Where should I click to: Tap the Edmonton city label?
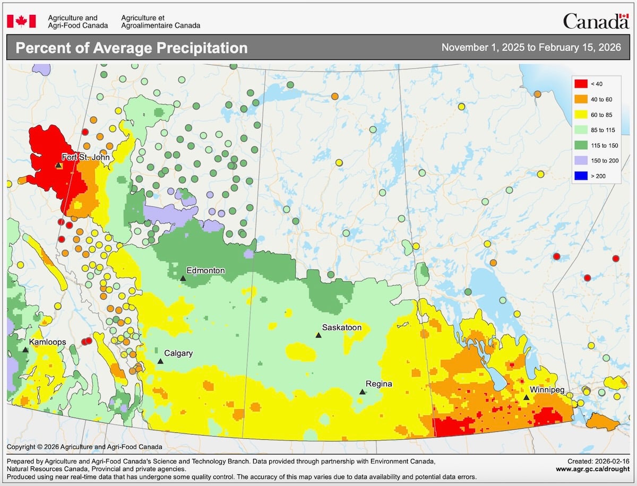coord(205,271)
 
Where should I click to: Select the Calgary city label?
coord(178,353)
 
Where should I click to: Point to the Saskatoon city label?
coord(342,327)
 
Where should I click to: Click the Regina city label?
coord(379,384)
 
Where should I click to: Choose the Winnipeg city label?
coord(547,389)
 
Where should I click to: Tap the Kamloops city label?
coord(48,342)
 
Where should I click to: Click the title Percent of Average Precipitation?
coord(132,48)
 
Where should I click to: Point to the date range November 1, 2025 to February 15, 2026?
coord(531,48)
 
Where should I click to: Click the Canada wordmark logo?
coord(596,21)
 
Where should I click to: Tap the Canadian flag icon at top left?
coord(21,21)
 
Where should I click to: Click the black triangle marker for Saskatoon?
coord(318,335)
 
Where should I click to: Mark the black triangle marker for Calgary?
coord(160,361)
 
